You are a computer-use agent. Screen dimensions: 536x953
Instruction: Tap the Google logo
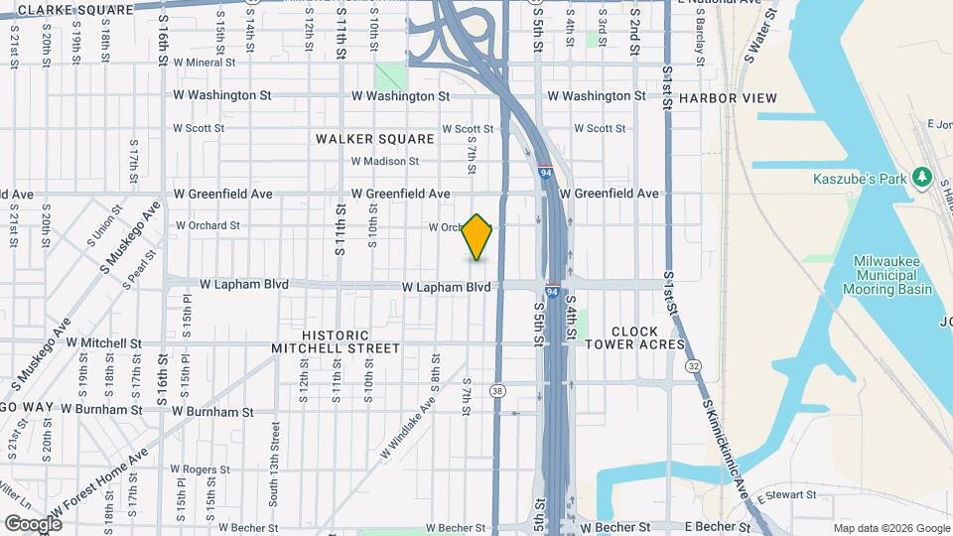33,523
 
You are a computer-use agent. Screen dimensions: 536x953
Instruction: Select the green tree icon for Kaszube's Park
923,176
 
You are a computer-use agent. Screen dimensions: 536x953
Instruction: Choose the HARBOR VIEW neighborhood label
728,97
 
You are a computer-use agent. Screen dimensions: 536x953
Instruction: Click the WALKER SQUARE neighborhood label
375,139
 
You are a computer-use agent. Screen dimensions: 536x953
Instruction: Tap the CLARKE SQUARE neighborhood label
75,9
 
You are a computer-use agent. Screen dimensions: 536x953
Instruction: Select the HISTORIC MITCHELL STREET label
336,342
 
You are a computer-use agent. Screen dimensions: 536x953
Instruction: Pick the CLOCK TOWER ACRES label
634,338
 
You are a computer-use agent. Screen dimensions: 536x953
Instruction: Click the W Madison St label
384,161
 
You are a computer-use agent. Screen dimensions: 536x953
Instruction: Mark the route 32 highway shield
693,366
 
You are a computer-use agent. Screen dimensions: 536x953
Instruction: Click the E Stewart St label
784,494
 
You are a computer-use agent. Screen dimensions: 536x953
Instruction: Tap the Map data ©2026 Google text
890,528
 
